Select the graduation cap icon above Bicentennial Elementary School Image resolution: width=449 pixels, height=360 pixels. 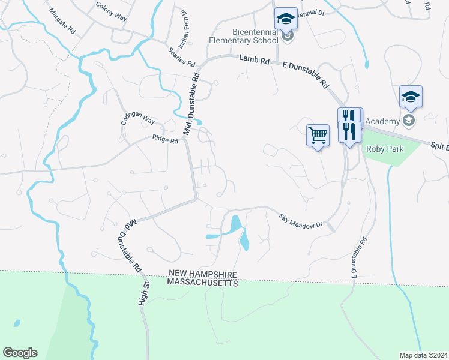coord(286,19)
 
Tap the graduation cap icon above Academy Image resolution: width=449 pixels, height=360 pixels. coord(411,97)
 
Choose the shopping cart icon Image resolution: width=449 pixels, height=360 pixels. coord(318,135)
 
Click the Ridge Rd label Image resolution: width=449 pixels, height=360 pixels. coord(165,140)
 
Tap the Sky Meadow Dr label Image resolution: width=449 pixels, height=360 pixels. coord(301,220)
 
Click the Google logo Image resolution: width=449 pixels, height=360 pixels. coord(20,353)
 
